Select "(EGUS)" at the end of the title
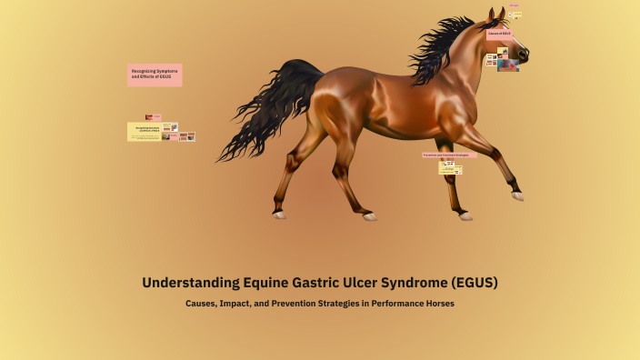pos(473,283)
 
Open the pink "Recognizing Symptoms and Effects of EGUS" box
pos(155,75)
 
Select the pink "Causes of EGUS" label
pos(499,34)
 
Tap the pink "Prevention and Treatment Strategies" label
pos(449,155)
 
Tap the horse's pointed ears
pos(497,14)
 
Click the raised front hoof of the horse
pos(517,195)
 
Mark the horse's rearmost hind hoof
pos(279,215)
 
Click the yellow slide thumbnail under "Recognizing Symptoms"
pos(144,132)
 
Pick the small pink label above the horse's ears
pos(514,5)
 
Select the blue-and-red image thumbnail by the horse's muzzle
pos(507,65)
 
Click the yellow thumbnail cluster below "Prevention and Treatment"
pos(450,167)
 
